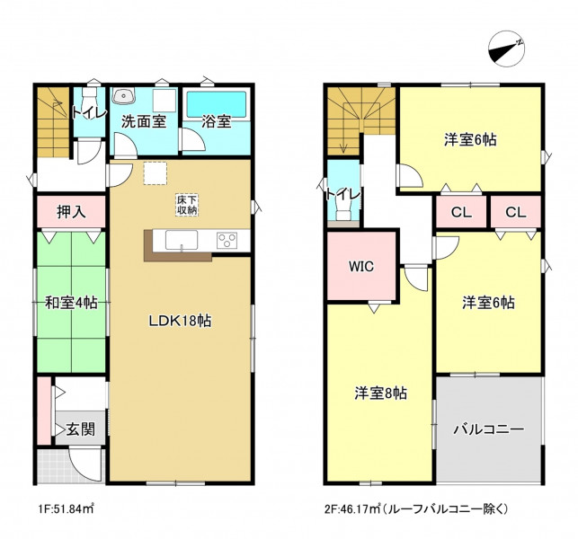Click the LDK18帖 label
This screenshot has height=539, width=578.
pyautogui.click(x=180, y=321)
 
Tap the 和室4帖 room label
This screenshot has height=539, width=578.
pyautogui.click(x=71, y=303)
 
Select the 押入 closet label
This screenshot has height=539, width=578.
pyautogui.click(x=71, y=212)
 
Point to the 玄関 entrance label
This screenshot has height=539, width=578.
pyautogui.click(x=81, y=429)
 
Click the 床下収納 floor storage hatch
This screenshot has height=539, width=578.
pyautogui.click(x=187, y=205)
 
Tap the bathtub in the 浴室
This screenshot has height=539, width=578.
pyautogui.click(x=217, y=104)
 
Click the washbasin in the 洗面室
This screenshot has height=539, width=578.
pyautogui.click(x=124, y=96)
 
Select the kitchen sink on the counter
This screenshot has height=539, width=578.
pyautogui.click(x=182, y=240)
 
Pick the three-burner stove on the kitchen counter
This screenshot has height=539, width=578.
pyautogui.click(x=227, y=241)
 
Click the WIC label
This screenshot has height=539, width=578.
pyautogui.click(x=361, y=266)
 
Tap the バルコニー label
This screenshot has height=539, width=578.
pyautogui.click(x=488, y=429)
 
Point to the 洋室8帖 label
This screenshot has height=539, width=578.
pyautogui.click(x=381, y=393)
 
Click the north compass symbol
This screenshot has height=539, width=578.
pyautogui.click(x=506, y=49)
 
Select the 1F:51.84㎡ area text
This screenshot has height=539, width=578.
pyautogui.click(x=66, y=508)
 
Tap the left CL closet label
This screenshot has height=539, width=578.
pyautogui.click(x=461, y=212)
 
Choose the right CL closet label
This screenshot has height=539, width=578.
pyautogui.click(x=516, y=212)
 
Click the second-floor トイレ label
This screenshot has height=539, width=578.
pyautogui.click(x=342, y=194)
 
